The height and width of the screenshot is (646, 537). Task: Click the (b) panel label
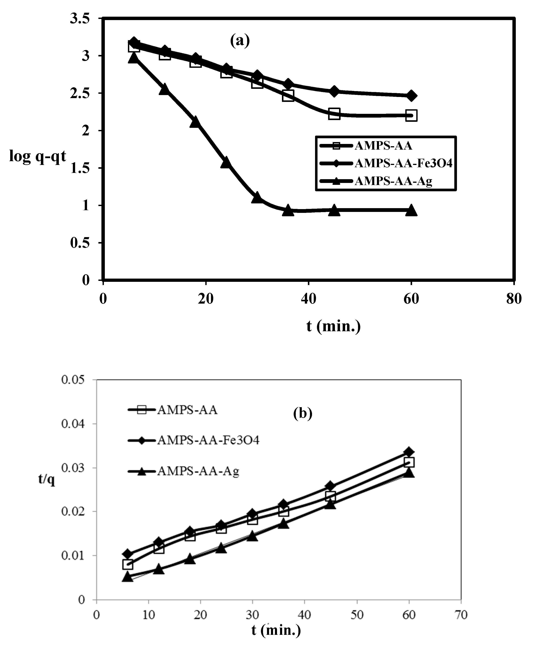[303, 414]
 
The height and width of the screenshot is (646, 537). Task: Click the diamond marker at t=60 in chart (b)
[409, 452]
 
